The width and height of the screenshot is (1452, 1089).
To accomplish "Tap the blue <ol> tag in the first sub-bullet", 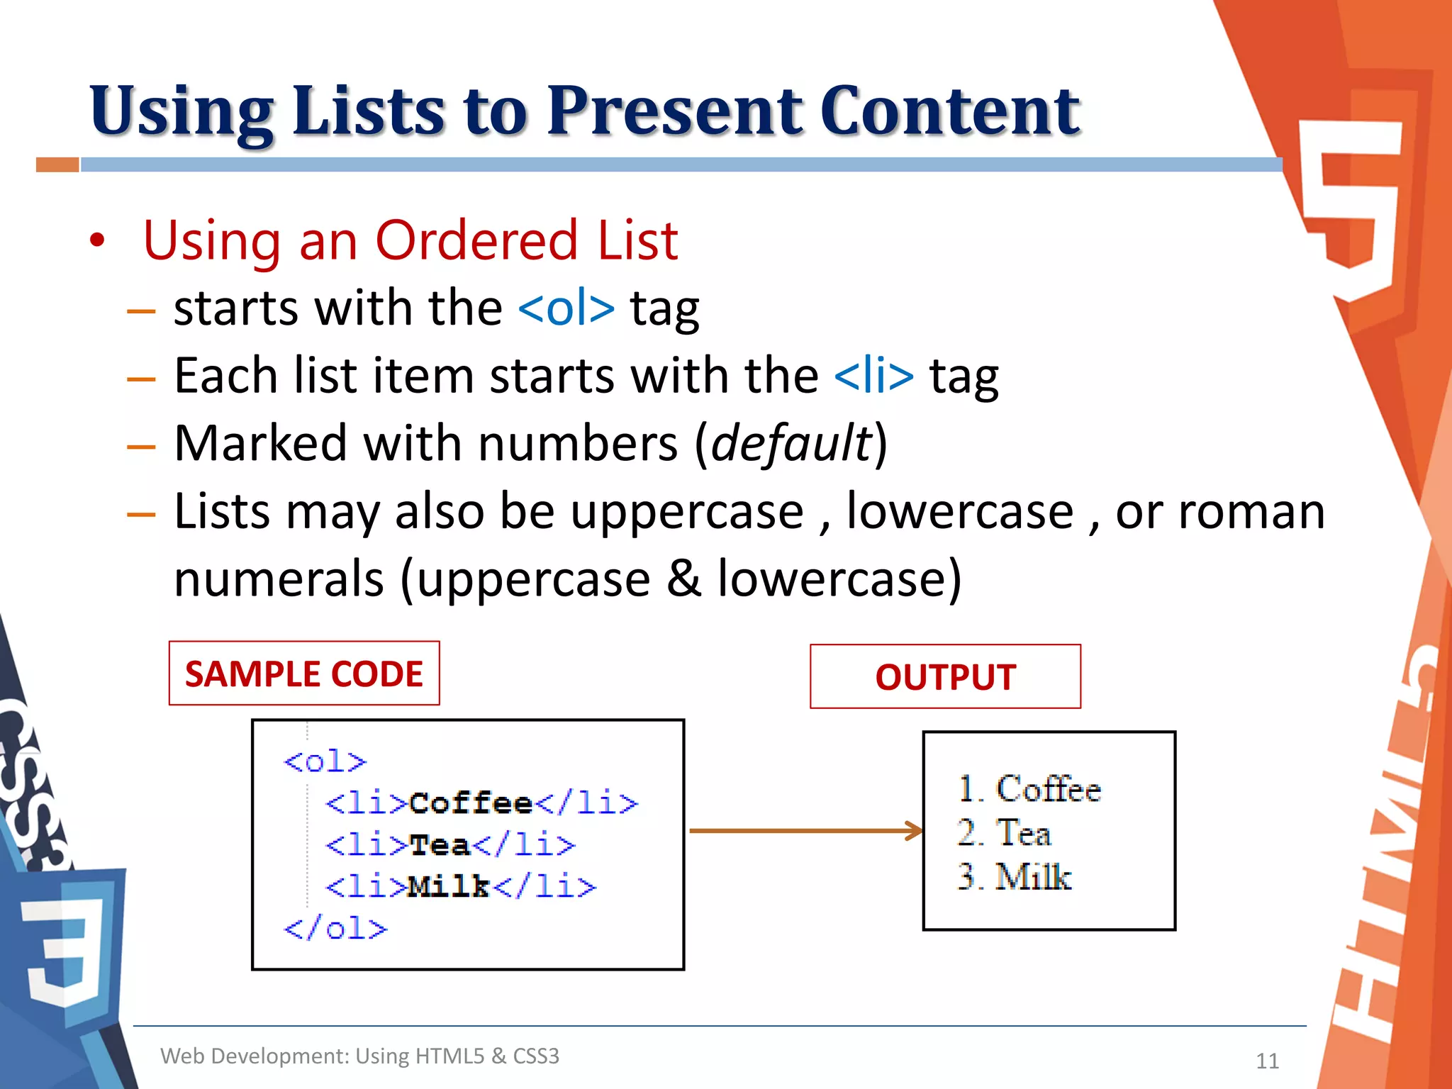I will pyautogui.click(x=566, y=308).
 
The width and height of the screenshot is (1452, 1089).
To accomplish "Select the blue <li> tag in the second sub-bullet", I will pyautogui.click(x=874, y=376).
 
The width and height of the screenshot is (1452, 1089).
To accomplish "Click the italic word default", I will pyautogui.click(x=791, y=444).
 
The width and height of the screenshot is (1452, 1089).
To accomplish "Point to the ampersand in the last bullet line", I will pyautogui.click(x=683, y=579).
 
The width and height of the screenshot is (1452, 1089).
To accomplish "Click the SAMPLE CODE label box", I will pyautogui.click(x=304, y=674).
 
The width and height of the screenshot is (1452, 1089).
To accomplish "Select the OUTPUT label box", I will pyautogui.click(x=945, y=676).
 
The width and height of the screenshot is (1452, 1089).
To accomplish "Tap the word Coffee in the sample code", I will pyautogui.click(x=471, y=803).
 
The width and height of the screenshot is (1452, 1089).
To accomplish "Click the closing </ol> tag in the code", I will pyautogui.click(x=335, y=928).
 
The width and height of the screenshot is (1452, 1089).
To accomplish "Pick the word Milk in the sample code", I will pyautogui.click(x=449, y=886).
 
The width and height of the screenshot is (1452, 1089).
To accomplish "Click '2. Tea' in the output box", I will pyautogui.click(x=1003, y=832).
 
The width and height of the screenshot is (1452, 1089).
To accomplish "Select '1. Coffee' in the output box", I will pyautogui.click(x=1029, y=789).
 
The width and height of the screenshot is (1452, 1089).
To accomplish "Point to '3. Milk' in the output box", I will pyautogui.click(x=1014, y=876).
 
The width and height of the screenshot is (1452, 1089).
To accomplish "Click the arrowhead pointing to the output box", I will pyautogui.click(x=915, y=830).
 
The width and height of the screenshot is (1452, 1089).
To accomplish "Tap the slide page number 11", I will pyautogui.click(x=1267, y=1061).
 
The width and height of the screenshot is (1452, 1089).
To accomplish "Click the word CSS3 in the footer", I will pyautogui.click(x=535, y=1056).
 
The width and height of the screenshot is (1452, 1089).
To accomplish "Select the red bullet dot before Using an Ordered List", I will pyautogui.click(x=97, y=241).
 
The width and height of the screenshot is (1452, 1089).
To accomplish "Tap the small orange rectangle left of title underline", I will pyautogui.click(x=57, y=164).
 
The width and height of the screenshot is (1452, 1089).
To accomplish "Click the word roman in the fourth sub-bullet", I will pyautogui.click(x=1251, y=511).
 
